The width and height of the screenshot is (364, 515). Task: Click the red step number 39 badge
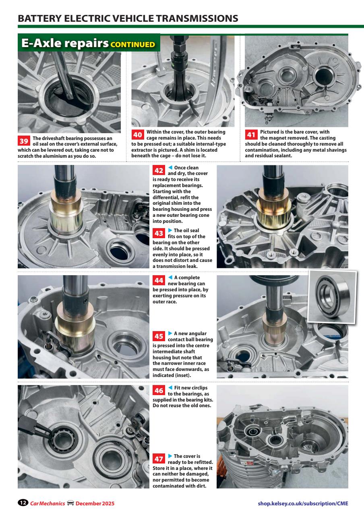pos(24,141)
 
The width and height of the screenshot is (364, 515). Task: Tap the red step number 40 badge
pos(138,134)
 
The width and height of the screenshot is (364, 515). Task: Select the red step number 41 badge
pos(251,134)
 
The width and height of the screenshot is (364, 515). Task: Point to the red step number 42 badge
pos(159,170)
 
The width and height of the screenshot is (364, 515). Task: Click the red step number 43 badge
pos(159,233)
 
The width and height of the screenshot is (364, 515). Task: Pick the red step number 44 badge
pos(159,280)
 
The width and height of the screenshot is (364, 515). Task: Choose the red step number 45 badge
pos(159,336)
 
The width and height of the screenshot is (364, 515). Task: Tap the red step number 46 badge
pos(159,390)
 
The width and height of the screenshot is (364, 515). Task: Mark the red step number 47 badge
pos(159,459)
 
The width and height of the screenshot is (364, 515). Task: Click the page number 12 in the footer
pos(23,503)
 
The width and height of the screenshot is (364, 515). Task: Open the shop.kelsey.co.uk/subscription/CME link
pos(303,503)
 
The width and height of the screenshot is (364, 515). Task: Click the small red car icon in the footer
pos(70,503)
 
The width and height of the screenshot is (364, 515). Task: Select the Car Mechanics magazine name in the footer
pos(48,503)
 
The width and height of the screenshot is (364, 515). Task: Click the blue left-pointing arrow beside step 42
pos(170,167)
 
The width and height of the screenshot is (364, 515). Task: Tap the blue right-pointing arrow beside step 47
pos(170,456)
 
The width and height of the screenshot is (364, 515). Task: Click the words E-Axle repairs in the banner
pos(65,43)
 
